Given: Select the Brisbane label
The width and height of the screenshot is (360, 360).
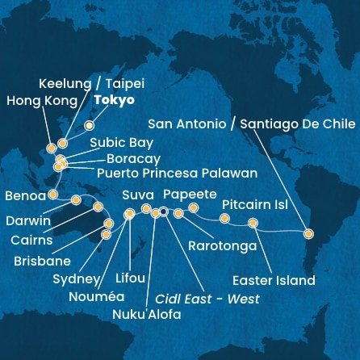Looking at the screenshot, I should pyautogui.click(x=41, y=262).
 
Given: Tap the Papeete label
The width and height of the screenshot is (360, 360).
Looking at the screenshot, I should pyautogui.click(x=190, y=195).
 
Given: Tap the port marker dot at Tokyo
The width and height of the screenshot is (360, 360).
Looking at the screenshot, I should pyautogui.click(x=89, y=126).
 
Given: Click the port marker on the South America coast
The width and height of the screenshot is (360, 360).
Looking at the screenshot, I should pyautogui.click(x=308, y=234).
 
